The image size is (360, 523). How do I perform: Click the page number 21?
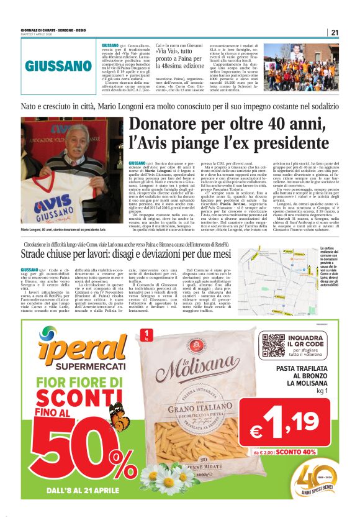[x=335, y=32]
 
